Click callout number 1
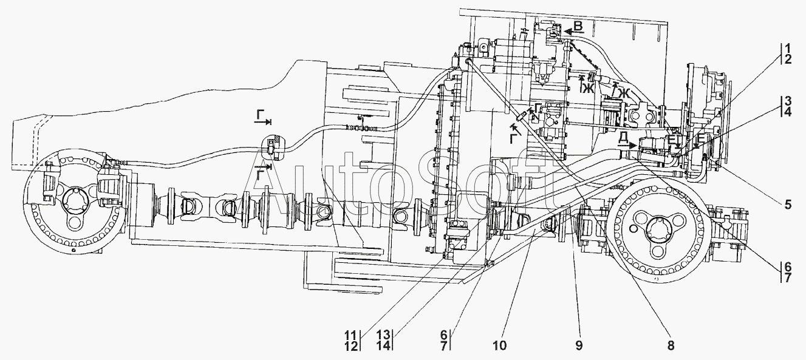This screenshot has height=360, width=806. click(x=787, y=47)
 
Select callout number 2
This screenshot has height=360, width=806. click(x=787, y=59)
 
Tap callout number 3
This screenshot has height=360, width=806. click(x=787, y=100)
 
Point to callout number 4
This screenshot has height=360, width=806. click(x=787, y=112)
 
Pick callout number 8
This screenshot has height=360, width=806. click(x=671, y=345)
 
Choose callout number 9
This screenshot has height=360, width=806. click(x=579, y=345)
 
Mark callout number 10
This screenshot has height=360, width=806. click(x=500, y=345)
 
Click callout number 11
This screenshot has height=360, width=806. click(x=351, y=335)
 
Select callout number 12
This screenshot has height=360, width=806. click(x=351, y=346)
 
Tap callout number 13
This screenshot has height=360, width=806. click(x=384, y=335)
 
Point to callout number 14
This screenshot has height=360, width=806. click(x=384, y=346)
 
